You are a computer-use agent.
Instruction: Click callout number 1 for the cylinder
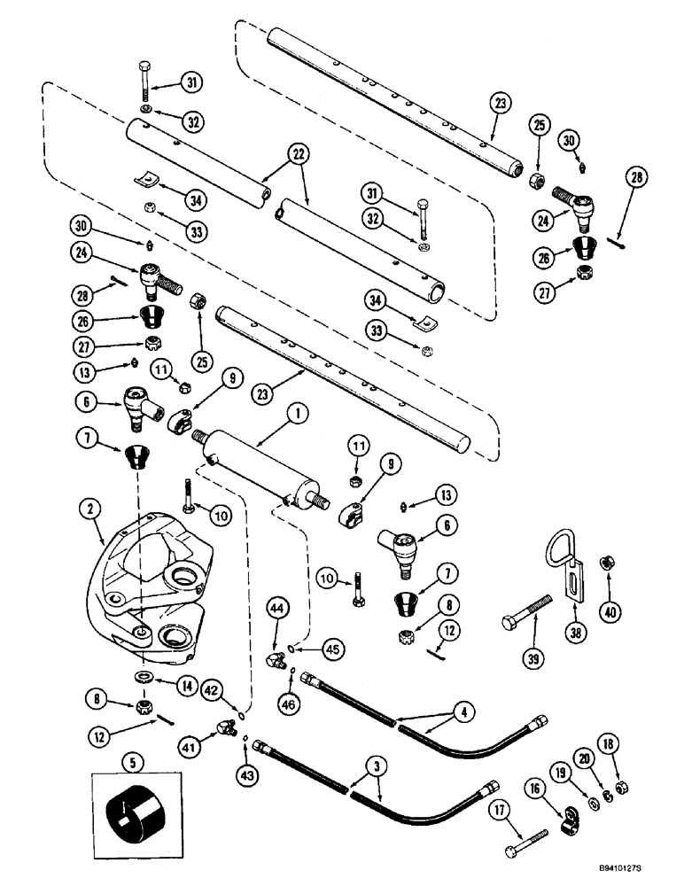292,412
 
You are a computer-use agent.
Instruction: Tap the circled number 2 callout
87,509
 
